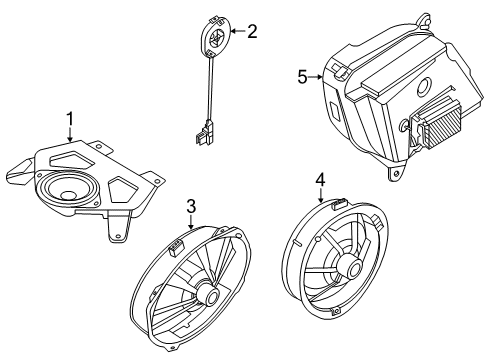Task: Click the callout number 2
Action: tap(252, 32)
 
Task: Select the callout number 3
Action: tap(190, 207)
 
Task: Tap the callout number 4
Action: tap(320, 180)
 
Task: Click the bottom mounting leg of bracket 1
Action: tap(117, 231)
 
